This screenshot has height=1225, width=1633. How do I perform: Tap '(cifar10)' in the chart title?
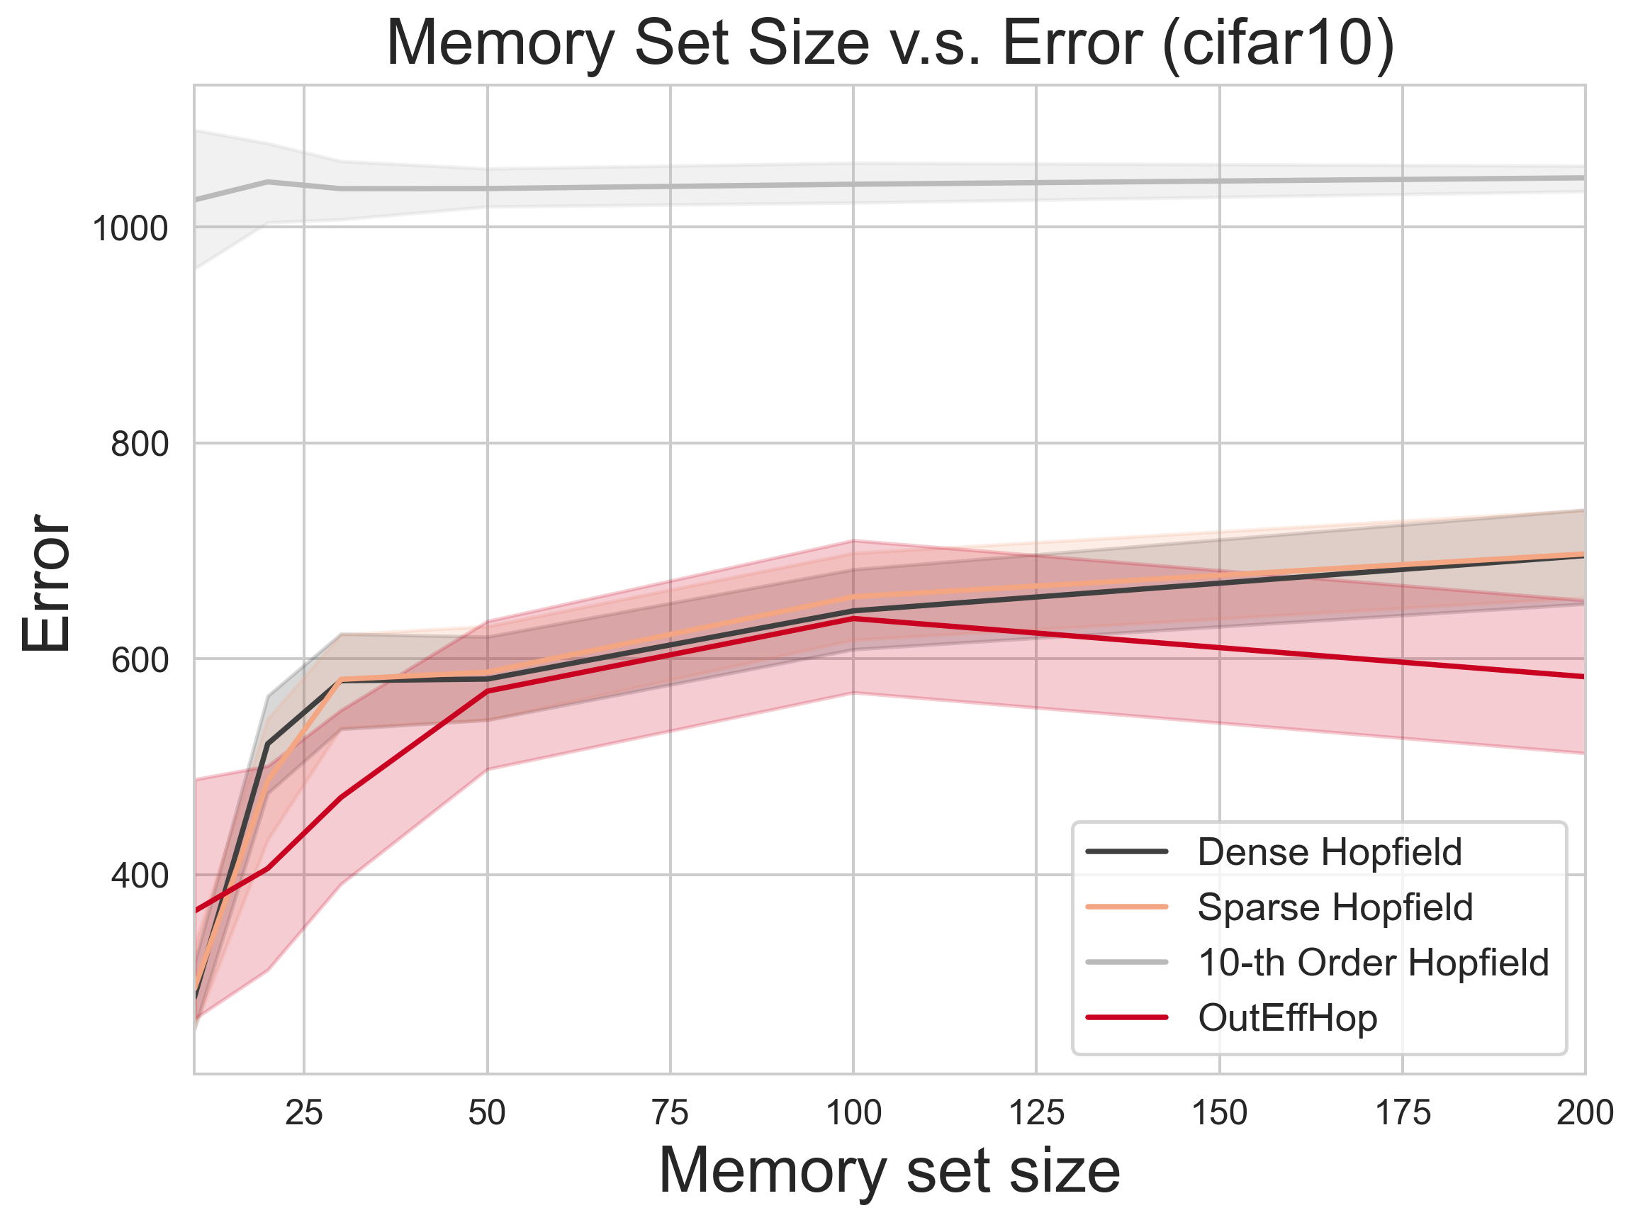(x=1277, y=44)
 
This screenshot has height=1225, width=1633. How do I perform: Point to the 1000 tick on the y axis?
(x=130, y=229)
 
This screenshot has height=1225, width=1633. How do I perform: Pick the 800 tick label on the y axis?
(x=140, y=444)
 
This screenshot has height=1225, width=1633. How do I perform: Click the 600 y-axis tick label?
(x=140, y=660)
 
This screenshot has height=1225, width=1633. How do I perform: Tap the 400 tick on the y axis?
(x=140, y=876)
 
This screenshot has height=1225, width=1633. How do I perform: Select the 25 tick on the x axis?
(x=304, y=1113)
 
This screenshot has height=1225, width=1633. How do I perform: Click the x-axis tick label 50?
(x=487, y=1113)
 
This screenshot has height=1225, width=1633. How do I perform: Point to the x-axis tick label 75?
(x=670, y=1113)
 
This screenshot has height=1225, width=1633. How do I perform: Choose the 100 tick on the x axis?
(x=853, y=1113)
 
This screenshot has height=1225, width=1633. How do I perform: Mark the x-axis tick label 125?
(x=1036, y=1113)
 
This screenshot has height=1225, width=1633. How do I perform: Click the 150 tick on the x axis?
(x=1220, y=1113)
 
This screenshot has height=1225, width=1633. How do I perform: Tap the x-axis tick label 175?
(x=1403, y=1113)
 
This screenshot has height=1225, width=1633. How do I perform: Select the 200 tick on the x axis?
(x=1584, y=1113)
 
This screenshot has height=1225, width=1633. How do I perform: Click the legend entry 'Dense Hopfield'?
(x=1329, y=852)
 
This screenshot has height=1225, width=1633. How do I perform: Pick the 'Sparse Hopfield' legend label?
(x=1335, y=907)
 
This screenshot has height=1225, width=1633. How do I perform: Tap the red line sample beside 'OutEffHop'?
(x=1128, y=1018)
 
